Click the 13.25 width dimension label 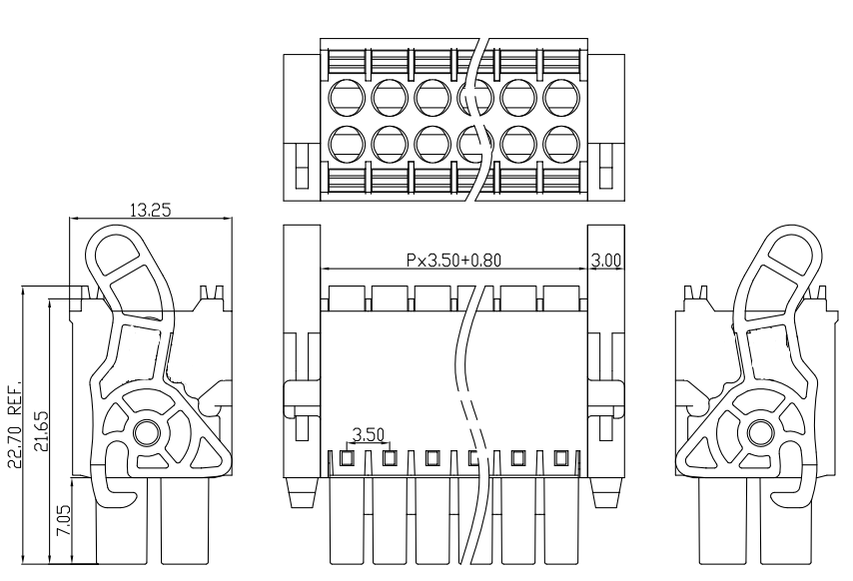click(153, 210)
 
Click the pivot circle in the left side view click(147, 432)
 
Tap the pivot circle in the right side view click(759, 432)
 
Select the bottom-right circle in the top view click(561, 145)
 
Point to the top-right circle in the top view click(561, 97)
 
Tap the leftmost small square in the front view click(347, 459)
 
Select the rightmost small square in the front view click(560, 459)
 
